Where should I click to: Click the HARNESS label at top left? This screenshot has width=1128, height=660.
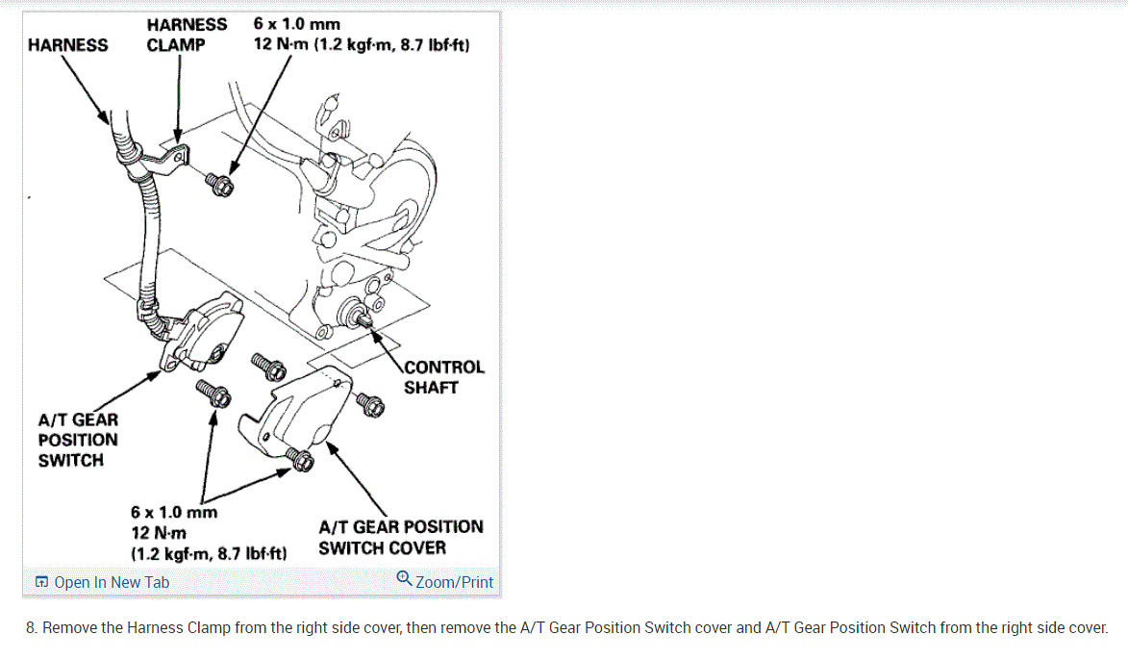coord(68,44)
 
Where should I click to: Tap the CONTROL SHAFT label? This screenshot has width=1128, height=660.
coord(443,377)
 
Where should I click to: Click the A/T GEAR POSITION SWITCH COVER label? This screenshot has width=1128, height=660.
coord(400,537)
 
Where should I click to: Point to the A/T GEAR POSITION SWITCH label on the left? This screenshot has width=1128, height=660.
coord(78,440)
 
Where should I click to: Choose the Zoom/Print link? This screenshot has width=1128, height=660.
coord(454,582)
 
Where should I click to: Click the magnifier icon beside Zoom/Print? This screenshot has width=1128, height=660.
coord(405,579)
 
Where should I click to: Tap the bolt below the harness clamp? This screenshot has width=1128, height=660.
coord(220,184)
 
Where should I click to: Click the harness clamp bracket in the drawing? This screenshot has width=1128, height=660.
coord(173,156)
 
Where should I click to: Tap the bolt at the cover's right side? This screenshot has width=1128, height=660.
coord(370,405)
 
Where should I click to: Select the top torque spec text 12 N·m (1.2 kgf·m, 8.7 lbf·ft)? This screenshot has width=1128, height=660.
coord(361,45)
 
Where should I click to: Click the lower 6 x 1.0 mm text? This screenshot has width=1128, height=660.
coord(174,512)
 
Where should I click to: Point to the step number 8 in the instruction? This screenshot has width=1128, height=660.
coord(32,627)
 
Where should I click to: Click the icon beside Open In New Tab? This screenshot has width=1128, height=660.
coord(41,582)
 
